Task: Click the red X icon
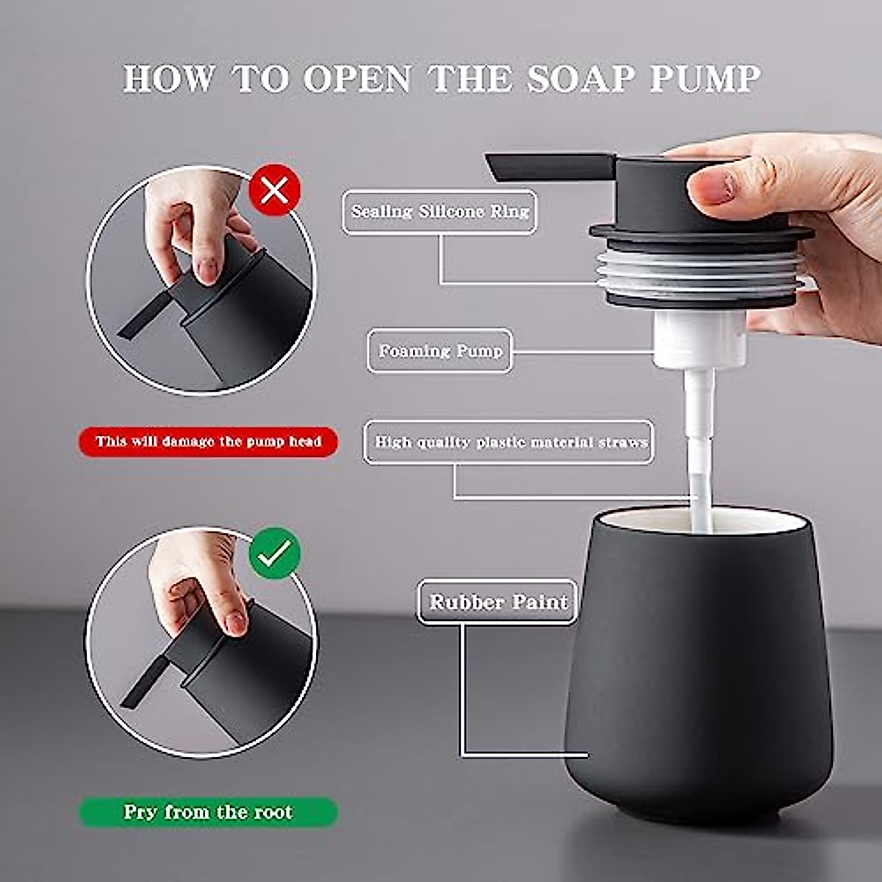point(274,191)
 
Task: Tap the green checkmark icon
point(274,553)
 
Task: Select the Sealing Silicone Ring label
point(440,212)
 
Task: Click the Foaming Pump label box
point(440,351)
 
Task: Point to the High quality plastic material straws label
point(509,442)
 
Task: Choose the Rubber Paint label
point(498,602)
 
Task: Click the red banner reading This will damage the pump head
point(208,442)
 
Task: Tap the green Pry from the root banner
point(208,812)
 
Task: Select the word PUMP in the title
point(706,79)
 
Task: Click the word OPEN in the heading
point(356,79)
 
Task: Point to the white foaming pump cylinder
point(700,339)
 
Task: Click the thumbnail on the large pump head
point(711,185)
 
